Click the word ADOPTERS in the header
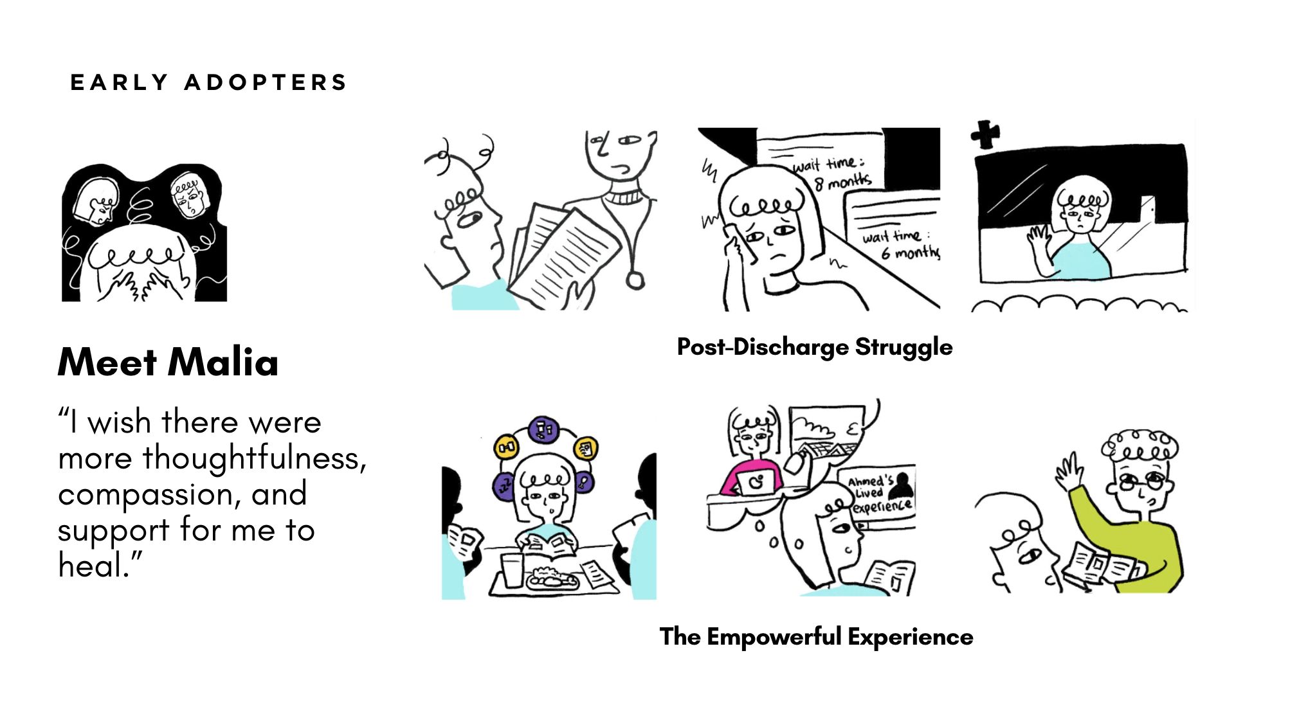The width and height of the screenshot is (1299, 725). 266,82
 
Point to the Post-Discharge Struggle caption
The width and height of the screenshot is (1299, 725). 814,347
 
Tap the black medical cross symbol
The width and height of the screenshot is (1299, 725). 985,134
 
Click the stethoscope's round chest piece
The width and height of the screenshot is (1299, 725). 635,281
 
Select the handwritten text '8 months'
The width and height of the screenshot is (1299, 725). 843,181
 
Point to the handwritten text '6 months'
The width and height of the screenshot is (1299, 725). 910,253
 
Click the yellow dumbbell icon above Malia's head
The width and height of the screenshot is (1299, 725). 506,447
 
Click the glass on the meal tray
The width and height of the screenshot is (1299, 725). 512,569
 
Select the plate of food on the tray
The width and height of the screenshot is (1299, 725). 552,579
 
